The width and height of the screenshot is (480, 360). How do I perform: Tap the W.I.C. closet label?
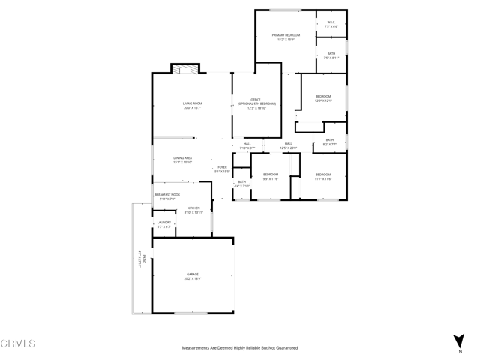coord(331,25)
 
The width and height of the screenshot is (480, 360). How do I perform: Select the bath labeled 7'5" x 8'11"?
coord(331,55)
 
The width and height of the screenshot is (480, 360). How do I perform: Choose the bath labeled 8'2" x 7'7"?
coord(329,142)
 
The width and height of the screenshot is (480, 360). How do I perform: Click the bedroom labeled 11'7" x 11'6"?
coord(323,177)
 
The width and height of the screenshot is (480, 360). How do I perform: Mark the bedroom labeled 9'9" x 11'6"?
coord(270,177)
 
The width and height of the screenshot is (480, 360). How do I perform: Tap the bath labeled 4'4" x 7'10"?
coord(241,184)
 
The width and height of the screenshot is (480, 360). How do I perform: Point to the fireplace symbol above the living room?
coord(184,69)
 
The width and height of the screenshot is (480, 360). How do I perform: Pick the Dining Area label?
coord(183,160)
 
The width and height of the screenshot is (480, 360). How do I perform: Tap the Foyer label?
coord(222,169)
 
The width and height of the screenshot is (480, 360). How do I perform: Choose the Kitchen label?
coord(193,210)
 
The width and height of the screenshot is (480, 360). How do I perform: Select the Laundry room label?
coord(164,224)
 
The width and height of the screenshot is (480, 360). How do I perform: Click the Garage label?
coord(193,276)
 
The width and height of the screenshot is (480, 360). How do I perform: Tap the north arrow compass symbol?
coord(459,343)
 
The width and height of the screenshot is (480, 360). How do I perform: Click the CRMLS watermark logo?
coord(18,344)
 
